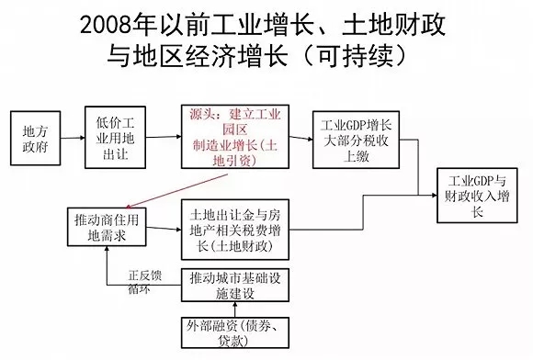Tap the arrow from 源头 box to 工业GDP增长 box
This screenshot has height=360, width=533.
(298, 138)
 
